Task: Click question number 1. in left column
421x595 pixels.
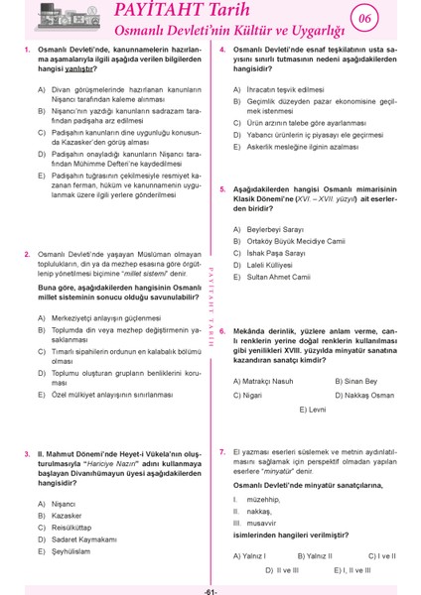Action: point(25,49)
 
